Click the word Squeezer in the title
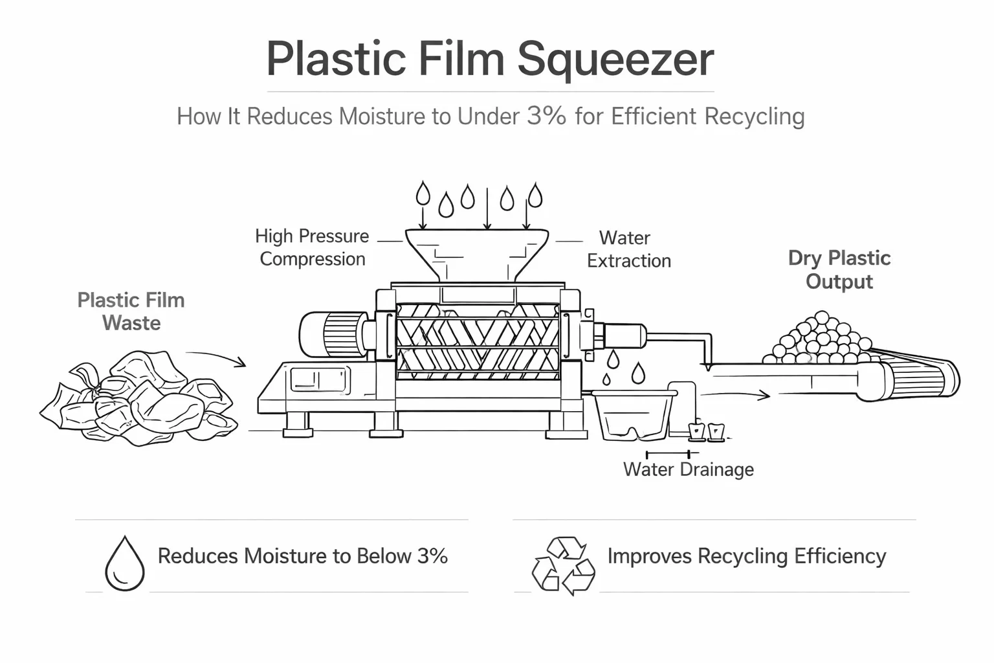[x=615, y=60]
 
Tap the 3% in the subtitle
[x=546, y=116]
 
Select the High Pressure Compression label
[x=312, y=247]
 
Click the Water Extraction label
[x=628, y=249]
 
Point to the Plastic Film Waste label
[x=131, y=311]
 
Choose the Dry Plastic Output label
[x=839, y=269]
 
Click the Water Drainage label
[x=688, y=469]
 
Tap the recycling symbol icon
[x=563, y=565]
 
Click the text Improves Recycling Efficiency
[x=746, y=556]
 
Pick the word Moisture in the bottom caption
[x=287, y=556]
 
